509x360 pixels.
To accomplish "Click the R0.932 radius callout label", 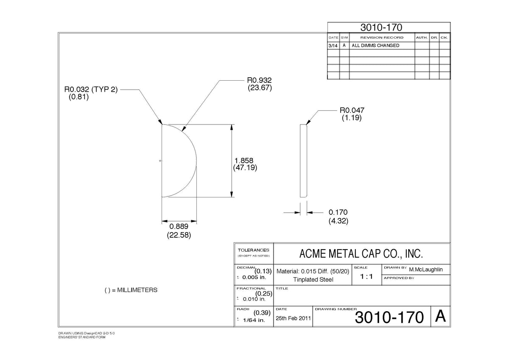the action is point(259,80).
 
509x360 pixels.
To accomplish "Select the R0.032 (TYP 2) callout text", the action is point(91,90).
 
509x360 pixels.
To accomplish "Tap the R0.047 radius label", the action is point(352,110).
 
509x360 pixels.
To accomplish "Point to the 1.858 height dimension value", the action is point(243,160).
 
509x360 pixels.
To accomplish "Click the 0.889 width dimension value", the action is point(179,226).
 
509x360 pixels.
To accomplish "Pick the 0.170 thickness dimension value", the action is point(338,212).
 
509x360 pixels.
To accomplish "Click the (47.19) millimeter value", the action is point(245,168).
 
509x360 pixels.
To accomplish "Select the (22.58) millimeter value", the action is point(179,235).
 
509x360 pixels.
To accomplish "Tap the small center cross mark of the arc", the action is point(160,161).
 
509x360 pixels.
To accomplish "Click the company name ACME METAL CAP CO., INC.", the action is point(361,253).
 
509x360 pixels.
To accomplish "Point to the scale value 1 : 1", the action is point(366,276).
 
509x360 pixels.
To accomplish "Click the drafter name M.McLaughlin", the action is point(426,270).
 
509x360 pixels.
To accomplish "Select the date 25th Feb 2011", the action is point(293,318).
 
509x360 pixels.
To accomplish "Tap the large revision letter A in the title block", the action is point(440,316).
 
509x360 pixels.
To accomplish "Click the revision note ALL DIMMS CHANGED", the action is point(375,45).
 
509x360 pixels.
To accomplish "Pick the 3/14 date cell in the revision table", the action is point(333,46).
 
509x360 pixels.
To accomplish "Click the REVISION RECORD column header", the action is point(382,37).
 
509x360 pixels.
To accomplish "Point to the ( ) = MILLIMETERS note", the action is point(131,290).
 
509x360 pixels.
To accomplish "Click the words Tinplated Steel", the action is point(313,279).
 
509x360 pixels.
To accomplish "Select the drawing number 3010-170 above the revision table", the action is point(381,28).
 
